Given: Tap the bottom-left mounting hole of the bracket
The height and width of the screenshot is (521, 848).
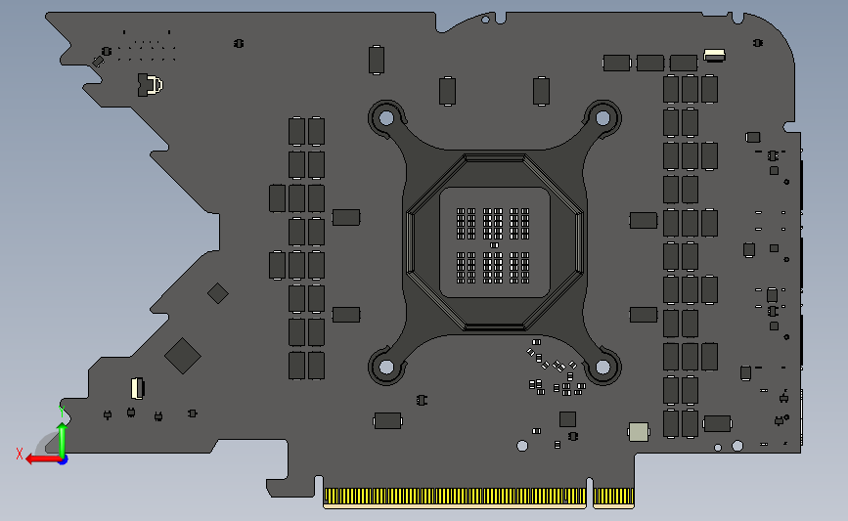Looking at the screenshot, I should [x=386, y=368].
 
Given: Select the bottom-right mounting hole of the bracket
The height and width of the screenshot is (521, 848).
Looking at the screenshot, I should [x=603, y=369].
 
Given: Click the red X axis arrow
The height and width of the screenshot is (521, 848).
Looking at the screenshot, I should [x=39, y=457].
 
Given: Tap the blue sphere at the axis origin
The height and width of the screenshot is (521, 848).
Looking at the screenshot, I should [x=63, y=458].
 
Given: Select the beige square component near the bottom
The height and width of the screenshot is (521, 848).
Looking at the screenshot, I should [x=638, y=431].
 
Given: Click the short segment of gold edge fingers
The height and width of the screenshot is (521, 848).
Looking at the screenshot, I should [x=613, y=498].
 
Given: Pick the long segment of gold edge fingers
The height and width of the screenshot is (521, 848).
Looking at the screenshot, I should [x=455, y=498].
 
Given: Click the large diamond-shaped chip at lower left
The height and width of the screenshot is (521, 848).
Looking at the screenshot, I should [x=183, y=356].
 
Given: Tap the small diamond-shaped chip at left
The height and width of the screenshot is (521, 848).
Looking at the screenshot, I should [x=218, y=292].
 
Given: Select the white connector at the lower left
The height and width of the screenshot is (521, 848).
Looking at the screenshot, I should [x=136, y=387].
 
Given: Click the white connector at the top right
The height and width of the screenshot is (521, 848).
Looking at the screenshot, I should [x=715, y=55].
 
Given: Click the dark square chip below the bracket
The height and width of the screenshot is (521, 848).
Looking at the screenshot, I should [x=567, y=418].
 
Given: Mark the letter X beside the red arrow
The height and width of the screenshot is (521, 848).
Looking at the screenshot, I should [x=19, y=454].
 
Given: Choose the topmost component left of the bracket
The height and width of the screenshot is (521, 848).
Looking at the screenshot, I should [x=377, y=60].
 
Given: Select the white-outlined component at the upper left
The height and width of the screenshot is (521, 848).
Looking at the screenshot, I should [x=150, y=85].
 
